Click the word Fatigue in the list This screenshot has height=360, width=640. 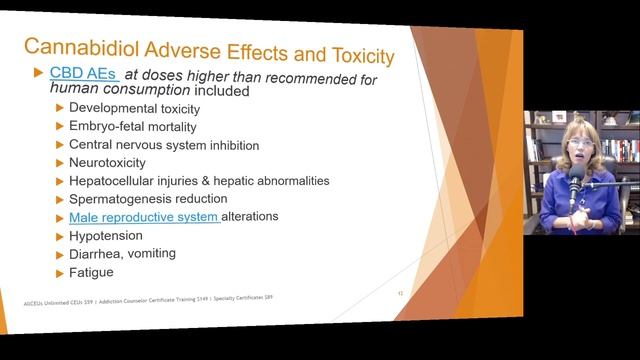click(91, 271)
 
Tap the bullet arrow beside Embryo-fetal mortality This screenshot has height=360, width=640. click(59, 126)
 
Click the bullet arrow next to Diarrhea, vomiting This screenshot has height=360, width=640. click(59, 253)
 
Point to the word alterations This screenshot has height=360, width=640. click(250, 216)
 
